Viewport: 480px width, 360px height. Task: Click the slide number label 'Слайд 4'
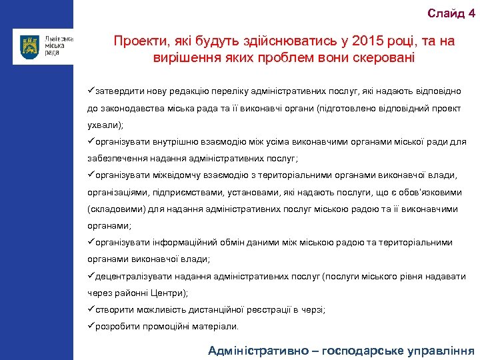451,13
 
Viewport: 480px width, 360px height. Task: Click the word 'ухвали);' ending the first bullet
105,125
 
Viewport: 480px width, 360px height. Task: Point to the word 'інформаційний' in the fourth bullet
175,243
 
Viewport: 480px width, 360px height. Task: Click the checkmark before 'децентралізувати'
91,276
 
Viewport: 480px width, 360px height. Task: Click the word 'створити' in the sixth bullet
115,310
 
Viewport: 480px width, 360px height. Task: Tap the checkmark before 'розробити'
91,327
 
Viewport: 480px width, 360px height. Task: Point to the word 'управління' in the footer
442,350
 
